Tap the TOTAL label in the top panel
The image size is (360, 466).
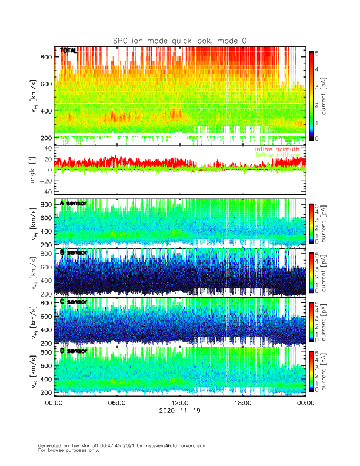pyautogui.click(x=68, y=51)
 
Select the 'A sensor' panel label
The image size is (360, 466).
pyautogui.click(x=74, y=203)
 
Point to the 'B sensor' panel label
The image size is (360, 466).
pyautogui.click(x=74, y=252)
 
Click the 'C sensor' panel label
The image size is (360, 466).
pyautogui.click(x=74, y=302)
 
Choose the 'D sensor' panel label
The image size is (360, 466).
pyautogui.click(x=74, y=351)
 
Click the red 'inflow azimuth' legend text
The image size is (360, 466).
pyautogui.click(x=276, y=149)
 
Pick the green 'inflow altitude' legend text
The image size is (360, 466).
pyautogui.click(x=276, y=155)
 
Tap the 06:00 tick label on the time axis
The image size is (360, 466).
pyautogui.click(x=116, y=403)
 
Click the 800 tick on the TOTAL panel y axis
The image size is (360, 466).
pyautogui.click(x=45, y=57)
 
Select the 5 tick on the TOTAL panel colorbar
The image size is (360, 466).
pyautogui.click(x=317, y=54)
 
